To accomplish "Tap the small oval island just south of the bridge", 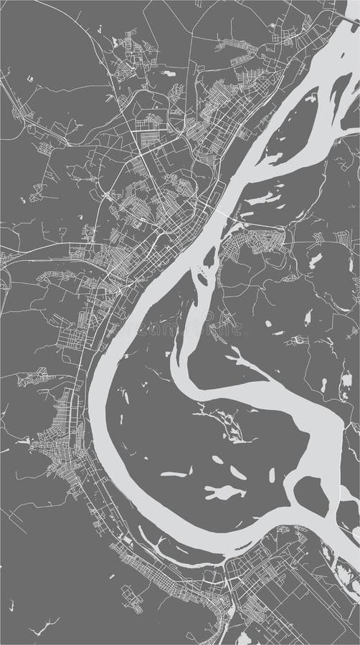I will (209, 256).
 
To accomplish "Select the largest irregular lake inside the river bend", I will (224, 492).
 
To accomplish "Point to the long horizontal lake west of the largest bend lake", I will (175, 474).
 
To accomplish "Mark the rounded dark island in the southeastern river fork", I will (311, 495).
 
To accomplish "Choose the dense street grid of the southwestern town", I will (54, 437).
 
